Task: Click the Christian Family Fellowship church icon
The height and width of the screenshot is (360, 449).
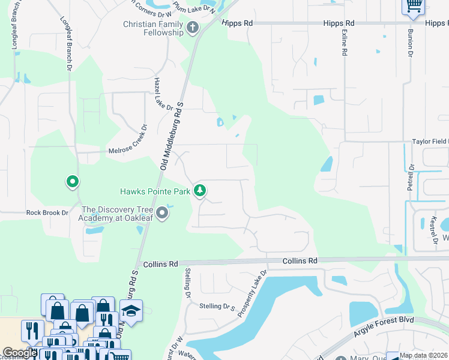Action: [x=193, y=27]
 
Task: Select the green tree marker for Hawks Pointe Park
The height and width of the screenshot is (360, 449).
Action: [x=200, y=191]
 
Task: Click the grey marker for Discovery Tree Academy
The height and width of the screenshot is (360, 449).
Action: [x=162, y=213]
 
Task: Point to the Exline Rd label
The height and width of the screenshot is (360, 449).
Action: [x=345, y=43]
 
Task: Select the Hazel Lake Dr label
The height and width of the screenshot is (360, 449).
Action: [x=163, y=97]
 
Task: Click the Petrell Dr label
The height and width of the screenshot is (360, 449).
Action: [x=411, y=178]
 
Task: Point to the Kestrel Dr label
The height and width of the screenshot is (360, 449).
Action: [x=433, y=230]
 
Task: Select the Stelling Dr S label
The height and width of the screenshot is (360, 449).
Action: [x=217, y=307]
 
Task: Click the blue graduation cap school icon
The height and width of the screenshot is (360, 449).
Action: [x=131, y=311]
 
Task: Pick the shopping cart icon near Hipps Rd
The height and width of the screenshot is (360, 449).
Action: [x=413, y=5]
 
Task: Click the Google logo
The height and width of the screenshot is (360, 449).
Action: [x=20, y=353]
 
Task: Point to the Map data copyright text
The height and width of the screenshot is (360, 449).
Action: [x=424, y=355]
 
